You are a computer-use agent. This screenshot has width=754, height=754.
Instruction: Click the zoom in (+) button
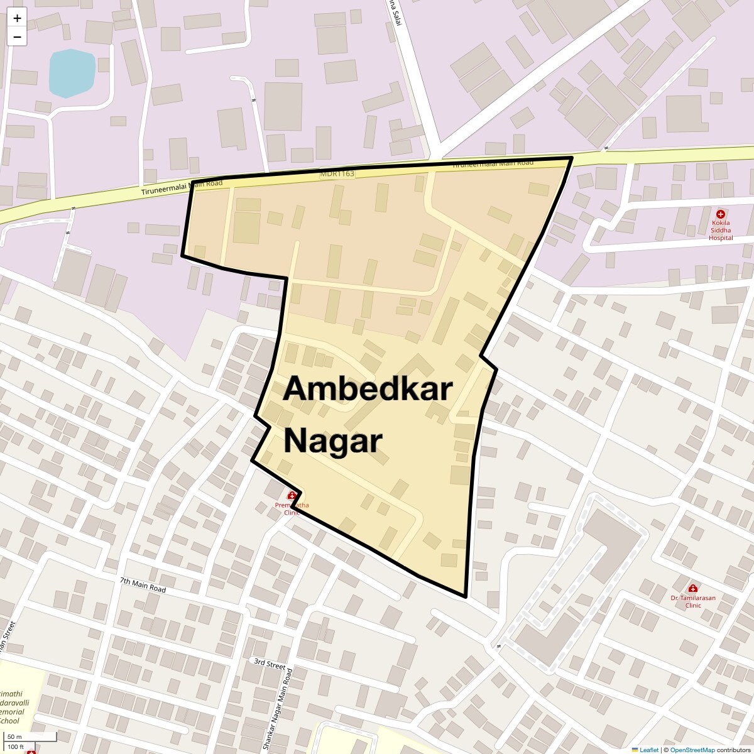click(17, 18)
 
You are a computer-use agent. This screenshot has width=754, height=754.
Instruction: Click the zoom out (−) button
click(17, 37)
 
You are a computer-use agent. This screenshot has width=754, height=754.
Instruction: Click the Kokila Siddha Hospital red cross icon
click(721, 214)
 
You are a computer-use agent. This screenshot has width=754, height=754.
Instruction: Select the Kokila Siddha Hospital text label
click(721, 230)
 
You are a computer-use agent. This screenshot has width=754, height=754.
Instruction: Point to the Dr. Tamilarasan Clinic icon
click(693, 588)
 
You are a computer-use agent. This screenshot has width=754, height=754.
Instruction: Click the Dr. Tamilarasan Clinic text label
click(692, 601)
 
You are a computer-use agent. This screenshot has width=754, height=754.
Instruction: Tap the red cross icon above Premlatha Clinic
click(292, 496)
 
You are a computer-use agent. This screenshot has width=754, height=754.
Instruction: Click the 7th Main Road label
click(143, 586)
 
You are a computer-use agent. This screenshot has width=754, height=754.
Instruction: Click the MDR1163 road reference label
click(337, 173)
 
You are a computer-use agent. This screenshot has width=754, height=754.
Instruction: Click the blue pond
click(72, 73)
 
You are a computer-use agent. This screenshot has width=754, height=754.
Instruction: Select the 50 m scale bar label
click(14, 736)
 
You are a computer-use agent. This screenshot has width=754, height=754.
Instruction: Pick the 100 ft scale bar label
click(16, 746)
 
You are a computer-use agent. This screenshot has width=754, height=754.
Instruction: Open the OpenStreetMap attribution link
click(692, 750)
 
